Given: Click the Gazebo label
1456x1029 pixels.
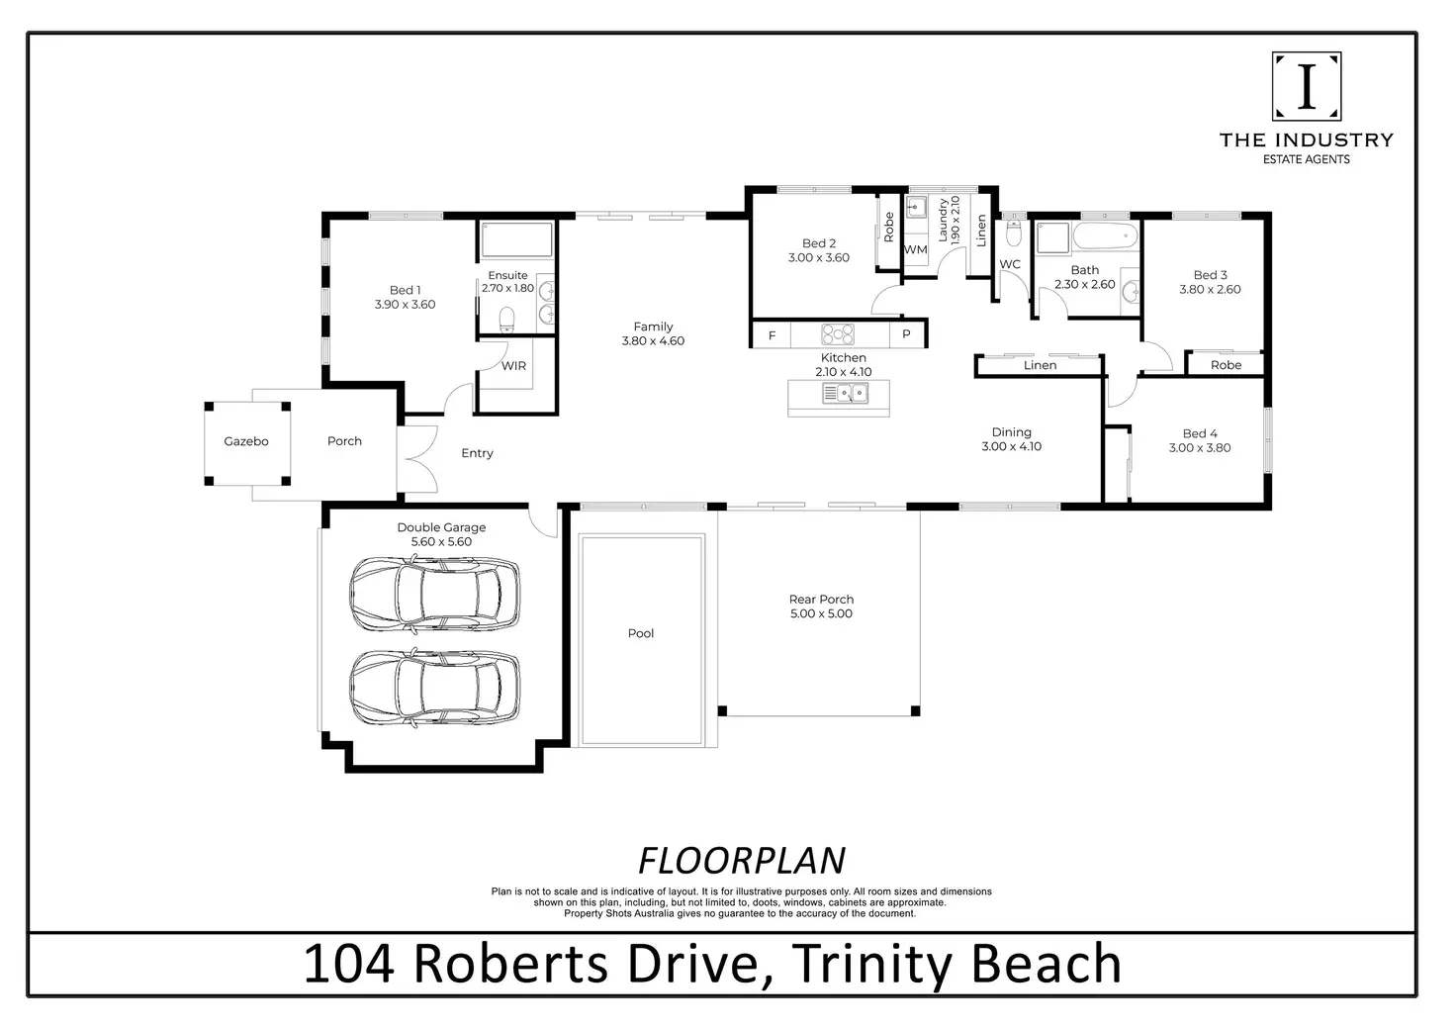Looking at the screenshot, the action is (x=245, y=441).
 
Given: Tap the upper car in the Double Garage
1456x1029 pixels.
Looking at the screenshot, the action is (x=435, y=594).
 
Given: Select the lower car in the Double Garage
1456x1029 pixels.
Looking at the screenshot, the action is (x=435, y=688).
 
